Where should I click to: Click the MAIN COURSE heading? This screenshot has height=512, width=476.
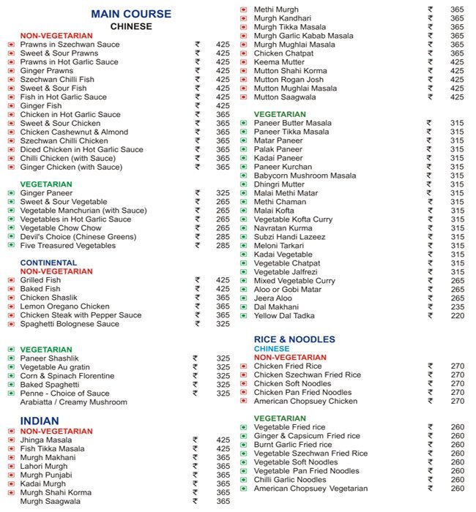click(131, 14)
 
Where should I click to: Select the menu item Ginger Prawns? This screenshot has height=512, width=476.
click(45, 71)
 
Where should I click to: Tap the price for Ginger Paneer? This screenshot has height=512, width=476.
click(223, 193)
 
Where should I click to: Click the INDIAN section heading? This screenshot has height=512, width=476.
click(40, 421)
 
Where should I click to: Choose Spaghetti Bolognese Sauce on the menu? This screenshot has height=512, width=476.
click(70, 324)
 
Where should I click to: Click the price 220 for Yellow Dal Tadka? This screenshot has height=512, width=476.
click(457, 316)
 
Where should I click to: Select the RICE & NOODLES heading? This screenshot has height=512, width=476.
click(294, 339)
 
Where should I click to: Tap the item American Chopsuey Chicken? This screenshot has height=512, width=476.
click(305, 401)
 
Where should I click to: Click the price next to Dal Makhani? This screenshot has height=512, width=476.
click(457, 307)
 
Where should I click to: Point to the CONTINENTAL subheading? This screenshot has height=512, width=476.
click(48, 263)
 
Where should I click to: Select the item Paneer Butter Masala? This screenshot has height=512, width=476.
click(292, 123)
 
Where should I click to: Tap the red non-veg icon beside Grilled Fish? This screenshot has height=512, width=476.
click(10, 280)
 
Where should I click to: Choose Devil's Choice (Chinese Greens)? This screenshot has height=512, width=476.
click(78, 237)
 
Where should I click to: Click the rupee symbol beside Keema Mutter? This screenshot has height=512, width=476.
click(430, 62)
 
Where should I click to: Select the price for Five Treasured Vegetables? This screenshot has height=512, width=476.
click(223, 246)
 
